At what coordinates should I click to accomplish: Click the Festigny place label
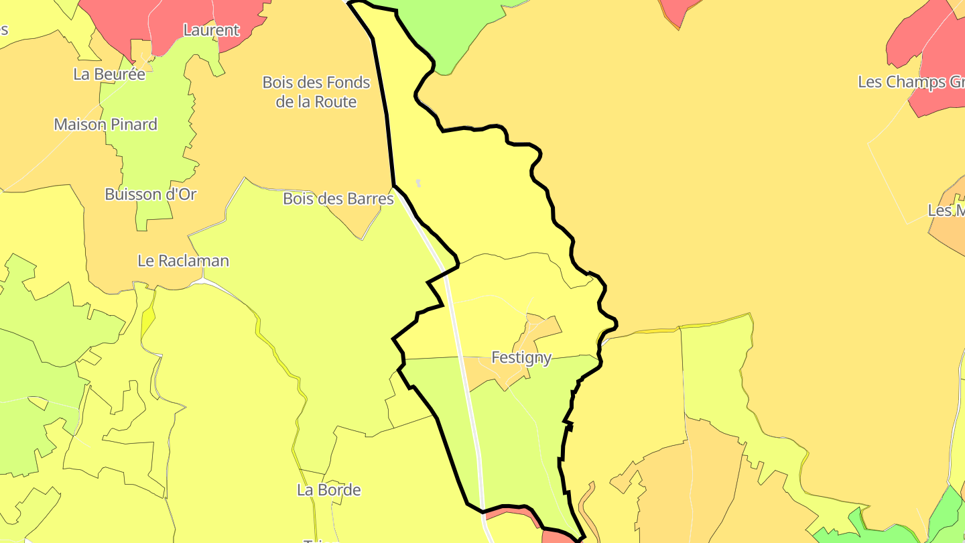(x=521, y=357)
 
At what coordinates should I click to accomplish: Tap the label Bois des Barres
(x=338, y=198)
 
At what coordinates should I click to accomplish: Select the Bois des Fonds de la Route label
(x=316, y=92)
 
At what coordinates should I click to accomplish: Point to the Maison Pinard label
(x=105, y=124)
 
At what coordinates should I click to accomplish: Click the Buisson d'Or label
(x=150, y=194)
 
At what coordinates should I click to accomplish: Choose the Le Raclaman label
(x=183, y=261)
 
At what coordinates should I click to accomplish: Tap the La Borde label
(x=328, y=490)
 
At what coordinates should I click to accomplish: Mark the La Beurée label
(x=109, y=74)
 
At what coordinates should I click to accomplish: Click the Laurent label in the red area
(x=210, y=30)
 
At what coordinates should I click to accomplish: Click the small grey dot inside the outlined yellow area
(x=419, y=183)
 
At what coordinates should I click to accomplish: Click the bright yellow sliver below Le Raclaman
(x=147, y=322)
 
